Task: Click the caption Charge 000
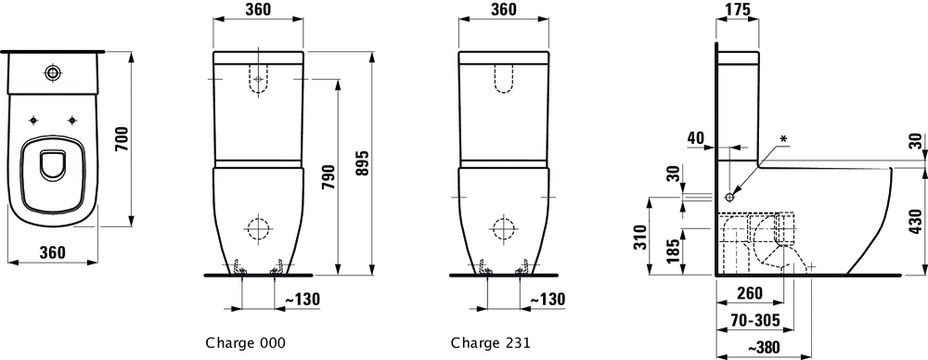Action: coord(246,342)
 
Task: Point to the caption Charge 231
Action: coord(491,342)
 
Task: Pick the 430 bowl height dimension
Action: coord(917,223)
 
